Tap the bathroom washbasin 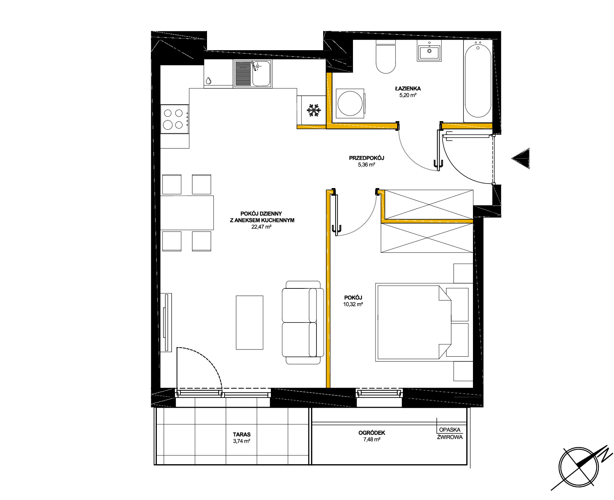click(x=429, y=51)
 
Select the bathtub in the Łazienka click(x=478, y=81)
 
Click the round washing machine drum click(x=350, y=104)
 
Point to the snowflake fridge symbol click(x=314, y=110)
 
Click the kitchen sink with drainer click(x=253, y=73)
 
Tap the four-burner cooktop click(x=175, y=119)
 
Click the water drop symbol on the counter click(x=208, y=81)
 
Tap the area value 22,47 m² click(x=261, y=227)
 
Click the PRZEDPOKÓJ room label click(x=366, y=158)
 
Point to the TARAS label click(x=242, y=434)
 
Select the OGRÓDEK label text click(x=372, y=433)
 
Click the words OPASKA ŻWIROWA click(x=450, y=433)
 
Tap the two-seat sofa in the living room click(x=303, y=322)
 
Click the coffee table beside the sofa click(x=249, y=322)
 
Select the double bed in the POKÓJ click(x=422, y=322)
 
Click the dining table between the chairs click(x=187, y=213)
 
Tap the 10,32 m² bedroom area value click(x=353, y=305)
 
